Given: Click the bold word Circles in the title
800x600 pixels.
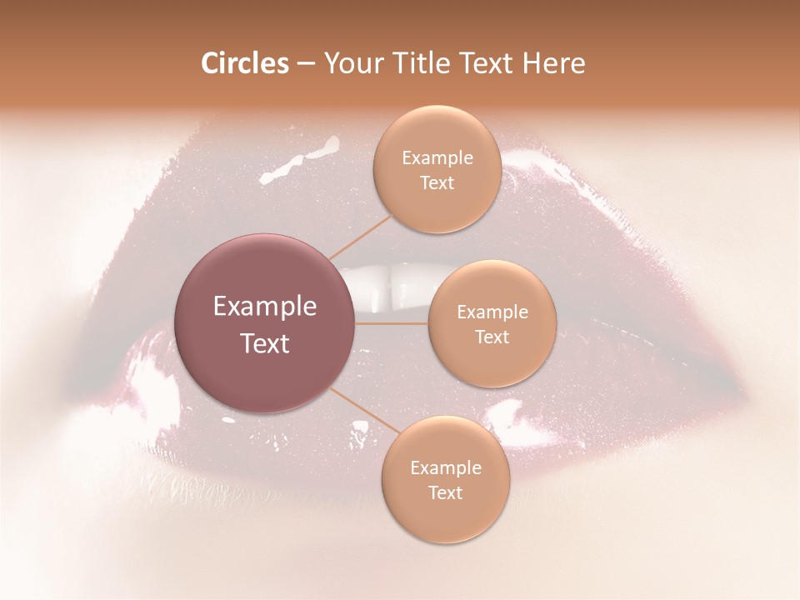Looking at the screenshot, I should coord(245,63).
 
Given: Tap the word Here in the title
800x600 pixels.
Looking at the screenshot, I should coord(554,63).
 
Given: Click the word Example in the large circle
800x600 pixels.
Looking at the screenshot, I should coord(265,307).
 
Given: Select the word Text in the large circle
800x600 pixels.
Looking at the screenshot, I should coord(265,343).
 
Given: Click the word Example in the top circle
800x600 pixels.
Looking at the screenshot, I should coord(437,158).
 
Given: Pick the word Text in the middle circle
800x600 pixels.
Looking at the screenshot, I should coord(492,337).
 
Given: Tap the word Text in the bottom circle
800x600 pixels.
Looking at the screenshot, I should coord(445,492).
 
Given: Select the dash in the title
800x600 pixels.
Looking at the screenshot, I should coord(306,64).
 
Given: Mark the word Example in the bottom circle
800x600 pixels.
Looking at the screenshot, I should coord(446,467).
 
